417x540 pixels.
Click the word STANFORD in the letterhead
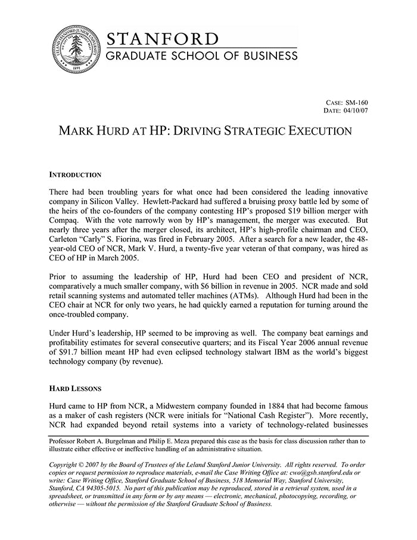tap(162, 39)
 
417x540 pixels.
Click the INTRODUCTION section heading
tap(75, 175)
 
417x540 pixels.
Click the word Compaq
tap(64, 222)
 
